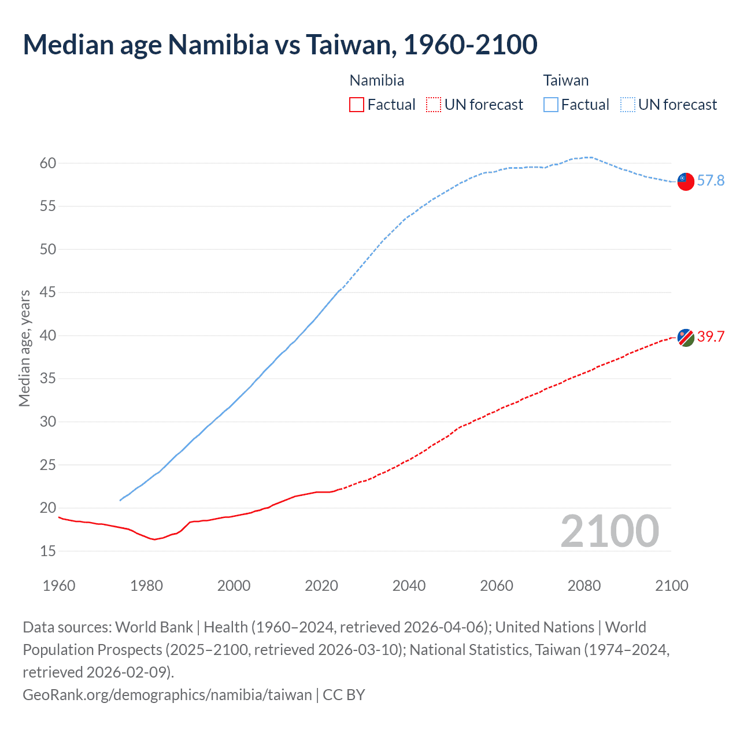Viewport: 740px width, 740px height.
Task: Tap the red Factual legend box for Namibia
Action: click(x=357, y=105)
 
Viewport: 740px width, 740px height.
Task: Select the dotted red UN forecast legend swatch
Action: click(x=434, y=105)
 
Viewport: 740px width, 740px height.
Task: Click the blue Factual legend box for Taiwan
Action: click(x=551, y=105)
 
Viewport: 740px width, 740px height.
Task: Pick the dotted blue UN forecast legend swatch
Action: click(x=628, y=105)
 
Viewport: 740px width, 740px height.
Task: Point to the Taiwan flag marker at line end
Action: click(x=686, y=181)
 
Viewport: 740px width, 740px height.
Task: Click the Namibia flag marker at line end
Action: click(x=686, y=337)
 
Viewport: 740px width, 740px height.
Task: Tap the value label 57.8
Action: click(x=711, y=181)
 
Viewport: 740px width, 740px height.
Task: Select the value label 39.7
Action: click(x=711, y=337)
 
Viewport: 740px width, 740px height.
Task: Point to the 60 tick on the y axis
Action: click(x=48, y=164)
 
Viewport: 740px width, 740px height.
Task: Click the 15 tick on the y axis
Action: click(x=48, y=552)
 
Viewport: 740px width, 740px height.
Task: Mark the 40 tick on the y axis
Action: click(x=48, y=336)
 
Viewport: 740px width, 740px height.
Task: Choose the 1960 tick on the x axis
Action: click(x=59, y=586)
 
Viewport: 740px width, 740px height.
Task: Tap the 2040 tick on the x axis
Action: click(x=409, y=586)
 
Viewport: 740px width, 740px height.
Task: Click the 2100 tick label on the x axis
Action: click(x=671, y=586)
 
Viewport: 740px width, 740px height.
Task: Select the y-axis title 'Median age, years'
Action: click(x=24, y=349)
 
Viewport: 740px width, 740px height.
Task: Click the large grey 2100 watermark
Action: click(x=609, y=531)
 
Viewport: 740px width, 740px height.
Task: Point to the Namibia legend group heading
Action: click(x=377, y=80)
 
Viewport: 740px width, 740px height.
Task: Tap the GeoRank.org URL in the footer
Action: click(x=167, y=694)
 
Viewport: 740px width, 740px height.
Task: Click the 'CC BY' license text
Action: click(x=344, y=694)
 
